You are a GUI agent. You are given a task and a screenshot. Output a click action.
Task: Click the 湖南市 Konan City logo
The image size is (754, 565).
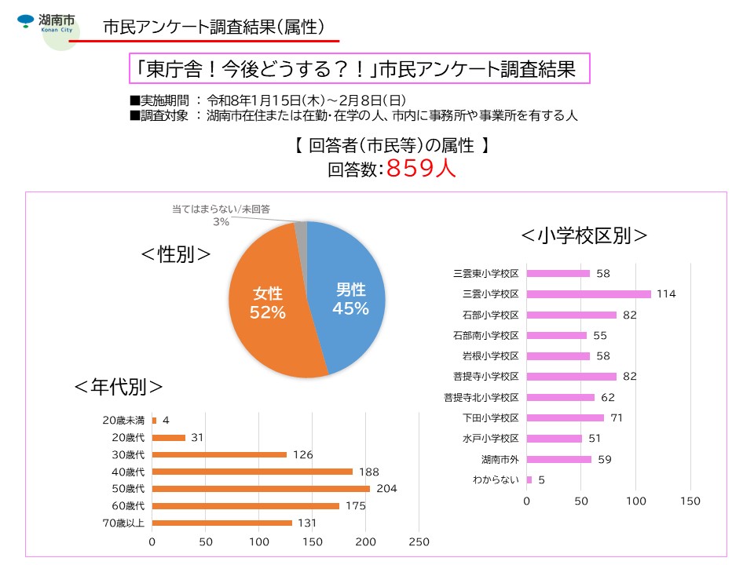(47, 23)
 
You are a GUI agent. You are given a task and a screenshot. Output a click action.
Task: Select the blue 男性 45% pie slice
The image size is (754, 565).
(350, 298)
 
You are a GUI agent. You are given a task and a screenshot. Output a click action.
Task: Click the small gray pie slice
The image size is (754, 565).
(301, 228)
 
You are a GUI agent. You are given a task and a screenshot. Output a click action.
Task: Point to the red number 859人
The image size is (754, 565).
(421, 169)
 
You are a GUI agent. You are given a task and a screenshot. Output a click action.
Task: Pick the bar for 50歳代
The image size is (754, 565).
(261, 489)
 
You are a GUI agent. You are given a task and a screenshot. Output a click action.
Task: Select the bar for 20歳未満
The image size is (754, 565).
(154, 420)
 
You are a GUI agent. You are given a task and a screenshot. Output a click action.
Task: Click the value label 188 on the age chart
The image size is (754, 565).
(368, 472)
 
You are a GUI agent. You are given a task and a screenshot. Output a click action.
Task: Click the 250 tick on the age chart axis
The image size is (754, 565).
(419, 542)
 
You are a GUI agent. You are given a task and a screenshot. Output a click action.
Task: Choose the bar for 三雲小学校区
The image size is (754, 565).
(588, 294)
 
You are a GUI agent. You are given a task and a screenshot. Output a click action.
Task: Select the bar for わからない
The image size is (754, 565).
(529, 479)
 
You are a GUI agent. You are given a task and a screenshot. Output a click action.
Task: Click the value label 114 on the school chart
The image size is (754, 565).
(666, 294)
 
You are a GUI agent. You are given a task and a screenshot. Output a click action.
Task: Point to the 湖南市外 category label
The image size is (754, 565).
(500, 459)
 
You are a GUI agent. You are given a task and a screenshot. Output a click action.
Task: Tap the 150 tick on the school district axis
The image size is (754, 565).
(690, 501)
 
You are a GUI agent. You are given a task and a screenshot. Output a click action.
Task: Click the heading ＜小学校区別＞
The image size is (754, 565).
(585, 235)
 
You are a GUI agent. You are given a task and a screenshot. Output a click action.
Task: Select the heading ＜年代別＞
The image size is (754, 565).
(119, 387)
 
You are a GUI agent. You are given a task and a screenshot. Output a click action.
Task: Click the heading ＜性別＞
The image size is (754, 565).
(176, 254)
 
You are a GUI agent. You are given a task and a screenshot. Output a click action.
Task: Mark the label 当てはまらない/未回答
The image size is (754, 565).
(221, 210)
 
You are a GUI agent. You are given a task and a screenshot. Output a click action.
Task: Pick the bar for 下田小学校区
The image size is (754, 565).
(565, 417)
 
